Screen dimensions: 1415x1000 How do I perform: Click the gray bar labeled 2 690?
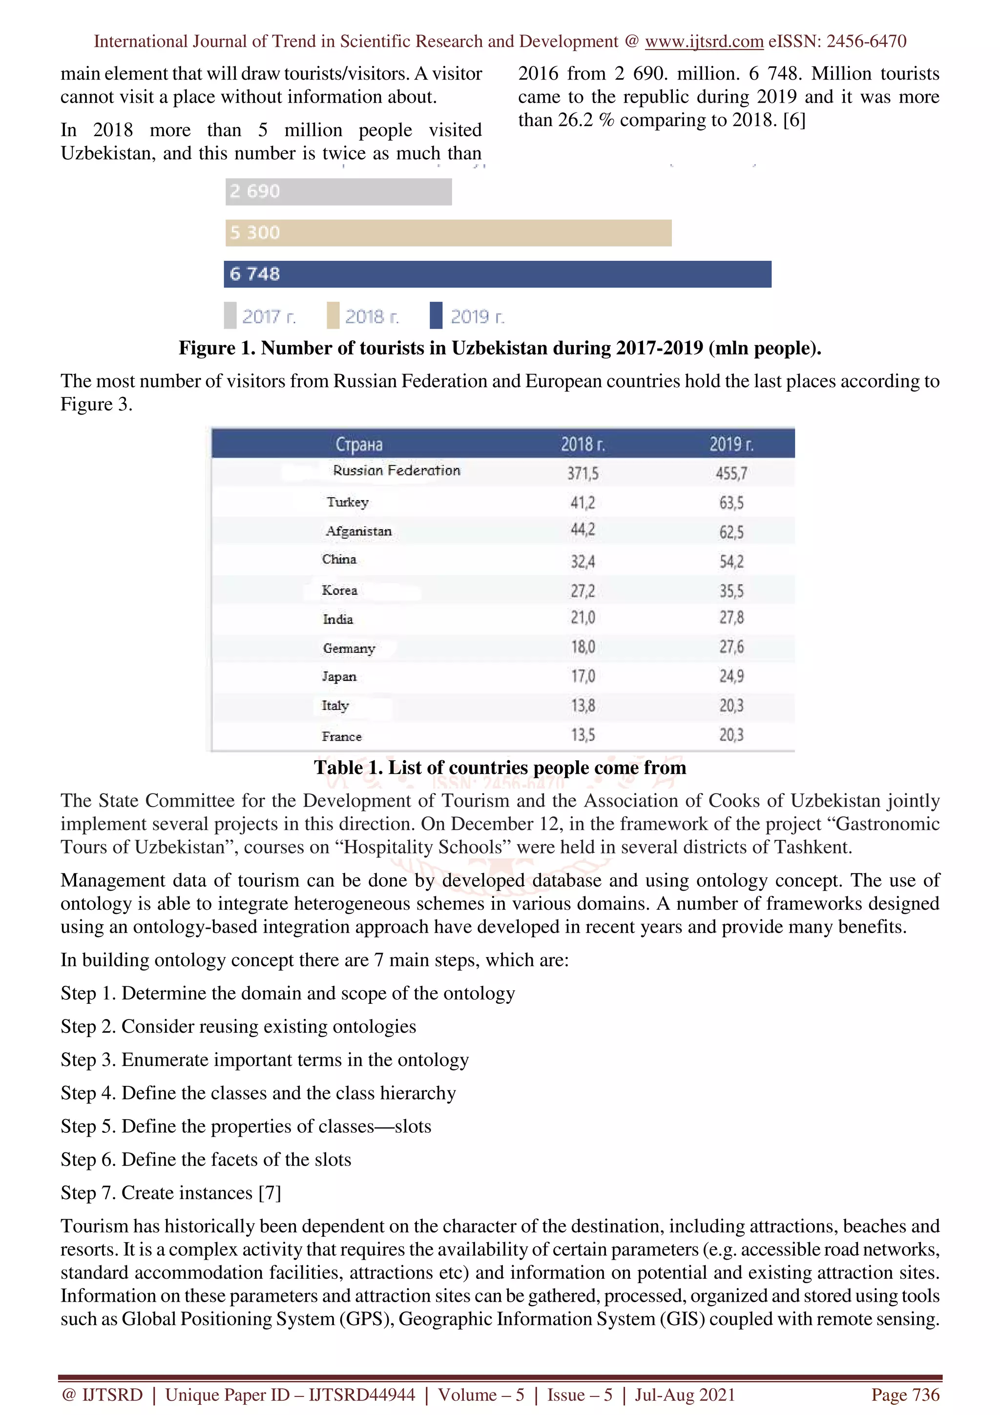tap(338, 192)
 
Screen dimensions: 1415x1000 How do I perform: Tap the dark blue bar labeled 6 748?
tap(497, 274)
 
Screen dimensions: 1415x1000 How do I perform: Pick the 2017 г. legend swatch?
tap(230, 315)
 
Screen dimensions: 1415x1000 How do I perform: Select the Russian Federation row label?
tap(396, 471)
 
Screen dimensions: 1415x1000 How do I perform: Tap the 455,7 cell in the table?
tap(731, 473)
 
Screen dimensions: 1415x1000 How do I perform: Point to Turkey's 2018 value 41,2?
tap(582, 503)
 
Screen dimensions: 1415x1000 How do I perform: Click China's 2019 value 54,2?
tap(731, 562)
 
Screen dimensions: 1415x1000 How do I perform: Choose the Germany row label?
tap(349, 648)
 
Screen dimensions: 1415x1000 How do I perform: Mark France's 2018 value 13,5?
tap(582, 735)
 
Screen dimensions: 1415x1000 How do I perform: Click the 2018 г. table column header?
tap(582, 444)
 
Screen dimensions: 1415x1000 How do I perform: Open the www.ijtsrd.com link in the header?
tap(704, 42)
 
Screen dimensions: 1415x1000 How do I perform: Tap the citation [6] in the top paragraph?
tap(794, 120)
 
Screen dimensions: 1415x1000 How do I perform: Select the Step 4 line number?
tap(108, 1093)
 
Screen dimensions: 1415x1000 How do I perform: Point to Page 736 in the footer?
tap(905, 1394)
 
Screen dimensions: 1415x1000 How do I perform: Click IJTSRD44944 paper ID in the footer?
tap(362, 1394)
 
